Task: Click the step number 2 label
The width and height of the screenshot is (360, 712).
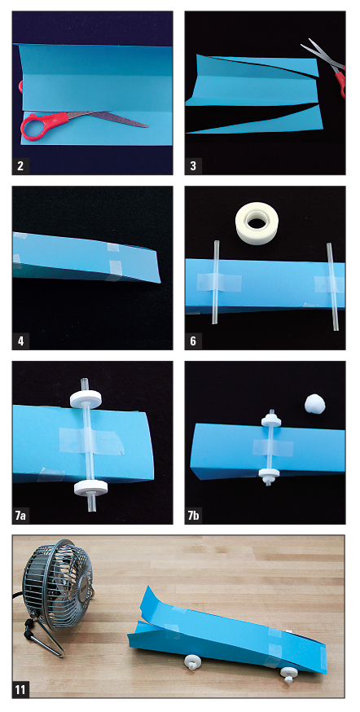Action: click(20, 165)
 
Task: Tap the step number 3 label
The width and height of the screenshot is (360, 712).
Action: click(193, 165)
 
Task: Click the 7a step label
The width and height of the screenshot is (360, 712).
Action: click(22, 516)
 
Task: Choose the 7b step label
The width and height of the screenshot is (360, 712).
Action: click(195, 516)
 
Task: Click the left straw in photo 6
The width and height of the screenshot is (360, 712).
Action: click(215, 283)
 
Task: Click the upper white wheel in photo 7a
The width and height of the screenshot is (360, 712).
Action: click(86, 398)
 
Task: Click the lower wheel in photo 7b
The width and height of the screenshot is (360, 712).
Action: click(269, 476)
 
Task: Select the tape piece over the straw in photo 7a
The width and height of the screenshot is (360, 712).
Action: click(91, 441)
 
